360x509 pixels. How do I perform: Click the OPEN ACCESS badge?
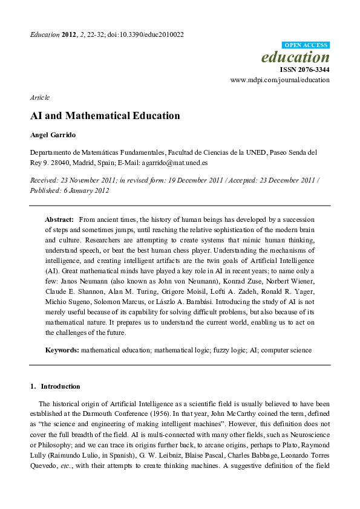pos(306,45)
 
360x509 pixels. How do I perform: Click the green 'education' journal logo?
pos(295,57)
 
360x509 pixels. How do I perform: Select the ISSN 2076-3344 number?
pos(304,70)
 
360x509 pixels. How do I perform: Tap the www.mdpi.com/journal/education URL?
pos(280,80)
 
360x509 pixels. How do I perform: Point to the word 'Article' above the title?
pos(39,97)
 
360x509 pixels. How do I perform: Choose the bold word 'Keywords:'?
pos(62,350)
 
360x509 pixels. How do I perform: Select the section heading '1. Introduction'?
pos(55,386)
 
